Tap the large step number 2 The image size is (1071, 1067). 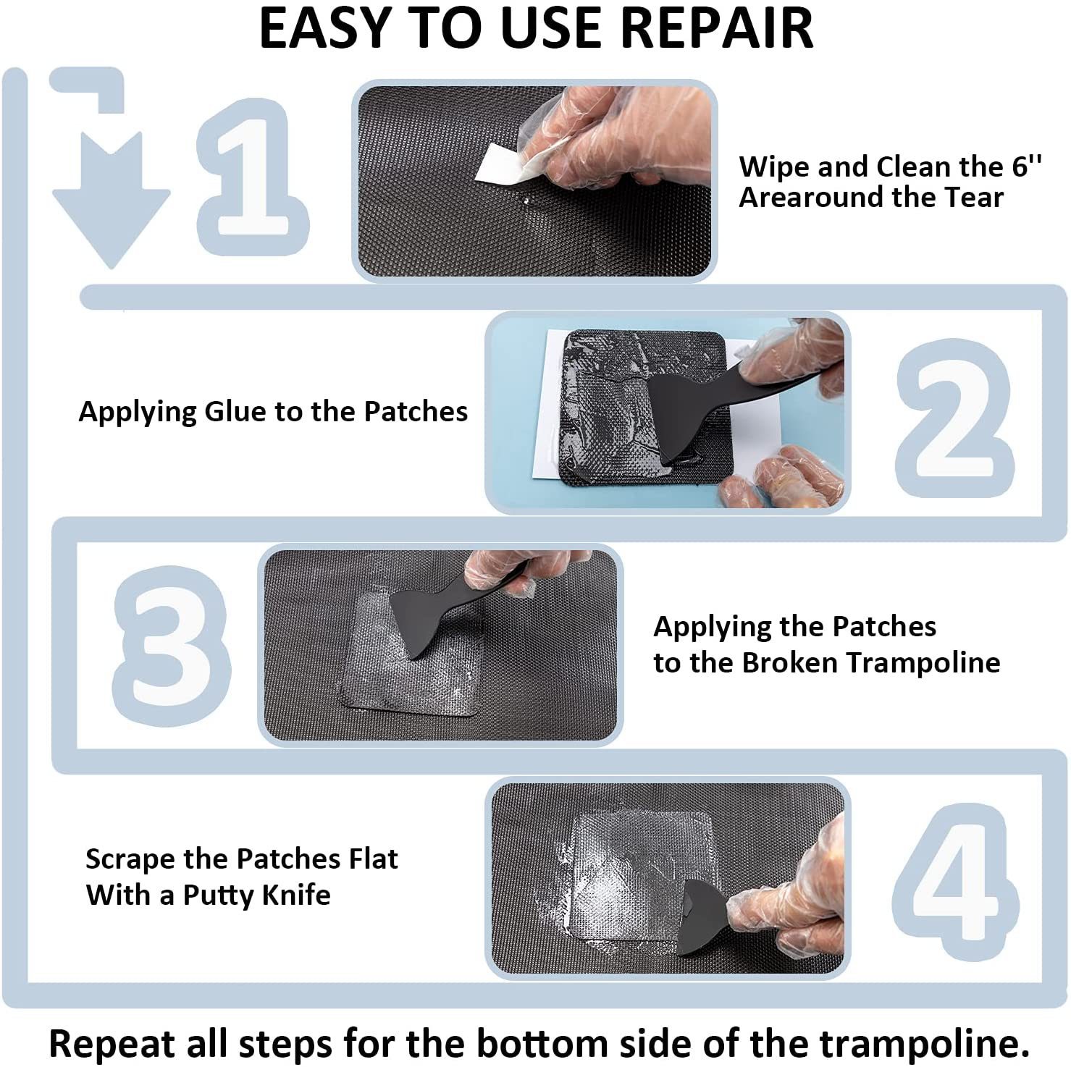(954, 418)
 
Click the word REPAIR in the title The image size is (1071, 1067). (717, 29)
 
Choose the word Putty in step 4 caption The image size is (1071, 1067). (214, 895)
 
